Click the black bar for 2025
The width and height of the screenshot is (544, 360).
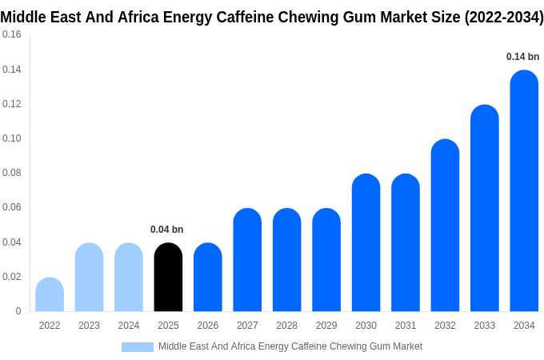168,278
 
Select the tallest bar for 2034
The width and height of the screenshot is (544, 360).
524,191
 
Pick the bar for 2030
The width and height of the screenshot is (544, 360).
366,243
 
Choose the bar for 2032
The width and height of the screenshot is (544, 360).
445,226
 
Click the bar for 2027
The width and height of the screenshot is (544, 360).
247,260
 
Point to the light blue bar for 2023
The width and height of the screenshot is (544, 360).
89,278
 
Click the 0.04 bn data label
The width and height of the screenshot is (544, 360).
166,230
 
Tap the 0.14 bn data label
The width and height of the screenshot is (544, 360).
522,57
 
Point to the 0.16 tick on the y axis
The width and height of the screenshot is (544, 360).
12,34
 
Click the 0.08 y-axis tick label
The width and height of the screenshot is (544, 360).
12,173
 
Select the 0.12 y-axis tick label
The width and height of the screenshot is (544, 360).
12,104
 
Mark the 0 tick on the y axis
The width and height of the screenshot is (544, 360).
18,311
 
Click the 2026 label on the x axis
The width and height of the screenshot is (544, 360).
207,326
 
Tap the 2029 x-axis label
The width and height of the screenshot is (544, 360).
326,326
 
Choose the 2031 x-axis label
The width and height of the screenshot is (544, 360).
406,326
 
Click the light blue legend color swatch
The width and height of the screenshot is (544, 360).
137,346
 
